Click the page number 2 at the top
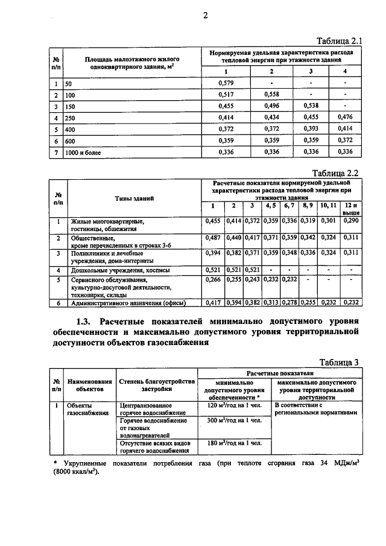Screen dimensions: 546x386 pyautogui.click(x=204, y=16)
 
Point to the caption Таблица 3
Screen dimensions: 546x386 pyautogui.click(x=340, y=362)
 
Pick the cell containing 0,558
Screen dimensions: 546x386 pyautogui.click(x=272, y=95)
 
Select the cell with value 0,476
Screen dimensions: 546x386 pyautogui.click(x=345, y=118)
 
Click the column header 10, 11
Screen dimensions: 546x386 pyautogui.click(x=329, y=206)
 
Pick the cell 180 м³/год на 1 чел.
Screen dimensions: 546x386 pyautogui.click(x=229, y=443)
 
